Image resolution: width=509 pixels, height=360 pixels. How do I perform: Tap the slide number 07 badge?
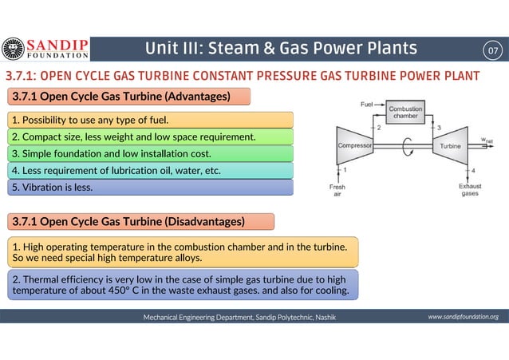click(x=495, y=50)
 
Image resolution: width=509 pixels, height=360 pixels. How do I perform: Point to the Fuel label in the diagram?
click(x=367, y=105)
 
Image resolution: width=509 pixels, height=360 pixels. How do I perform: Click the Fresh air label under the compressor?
click(x=338, y=191)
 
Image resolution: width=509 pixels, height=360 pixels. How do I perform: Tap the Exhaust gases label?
click(x=469, y=191)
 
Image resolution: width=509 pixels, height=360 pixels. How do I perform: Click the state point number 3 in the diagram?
click(x=439, y=128)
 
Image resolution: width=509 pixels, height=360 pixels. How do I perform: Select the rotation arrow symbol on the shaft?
click(x=409, y=147)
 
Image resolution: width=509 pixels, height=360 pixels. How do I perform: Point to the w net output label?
click(x=487, y=140)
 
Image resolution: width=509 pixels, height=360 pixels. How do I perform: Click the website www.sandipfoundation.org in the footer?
click(x=463, y=317)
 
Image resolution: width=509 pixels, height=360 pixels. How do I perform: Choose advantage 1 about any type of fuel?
click(x=89, y=121)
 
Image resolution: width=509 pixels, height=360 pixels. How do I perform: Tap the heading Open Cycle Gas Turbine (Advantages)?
click(x=120, y=97)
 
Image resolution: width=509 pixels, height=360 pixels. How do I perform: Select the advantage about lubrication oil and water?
click(x=116, y=170)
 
